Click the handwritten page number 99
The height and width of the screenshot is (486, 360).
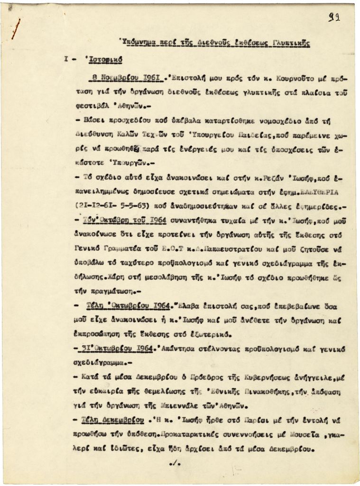click(x=335, y=19)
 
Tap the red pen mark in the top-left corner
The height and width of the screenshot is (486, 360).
click(x=16, y=29)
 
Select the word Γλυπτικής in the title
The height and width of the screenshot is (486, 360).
click(x=292, y=43)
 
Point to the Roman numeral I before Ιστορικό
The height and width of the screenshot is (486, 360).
click(x=66, y=60)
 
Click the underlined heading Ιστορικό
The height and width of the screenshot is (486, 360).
click(x=103, y=60)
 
